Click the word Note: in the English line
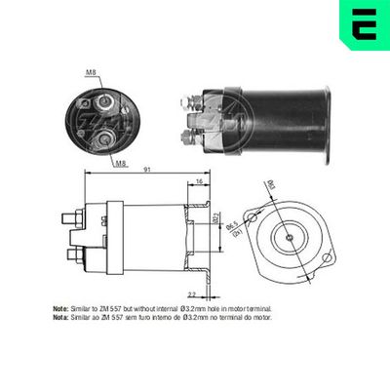tap(61, 308)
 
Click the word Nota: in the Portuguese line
tap(61, 317)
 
